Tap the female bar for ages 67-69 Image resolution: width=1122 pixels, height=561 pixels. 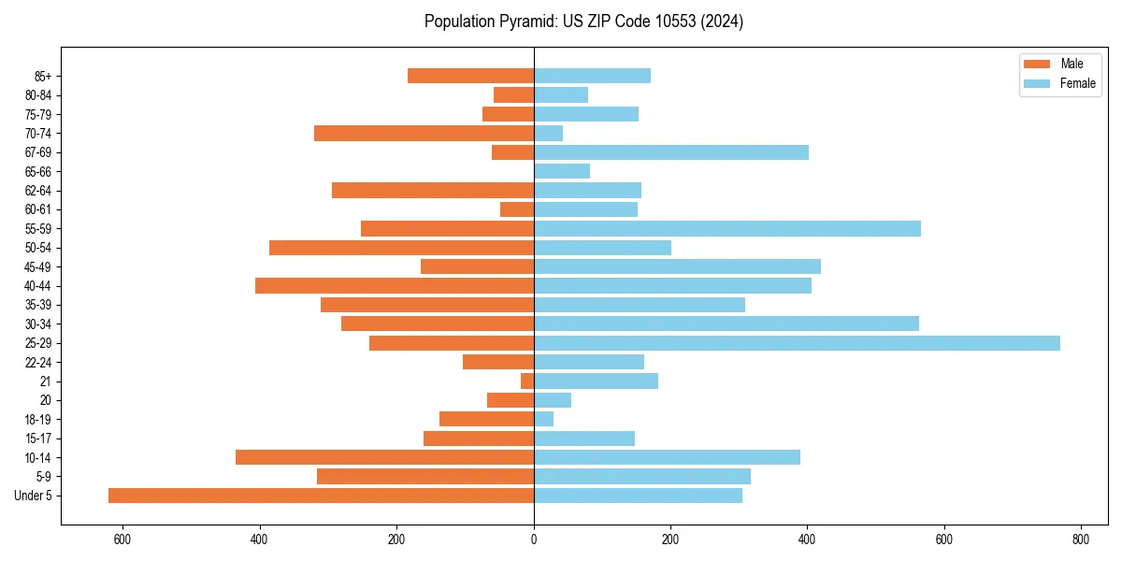[671, 152]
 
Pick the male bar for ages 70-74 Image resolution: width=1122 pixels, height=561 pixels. [424, 134]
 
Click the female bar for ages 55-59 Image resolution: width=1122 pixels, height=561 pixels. [727, 229]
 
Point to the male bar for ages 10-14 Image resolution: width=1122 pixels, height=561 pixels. [384, 457]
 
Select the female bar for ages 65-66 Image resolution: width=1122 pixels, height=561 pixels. [562, 171]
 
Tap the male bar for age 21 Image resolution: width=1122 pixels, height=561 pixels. [527, 381]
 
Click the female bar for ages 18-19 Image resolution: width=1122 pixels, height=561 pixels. [543, 419]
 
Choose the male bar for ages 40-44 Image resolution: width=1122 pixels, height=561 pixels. [395, 286]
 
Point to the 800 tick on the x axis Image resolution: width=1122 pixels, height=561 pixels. [1081, 539]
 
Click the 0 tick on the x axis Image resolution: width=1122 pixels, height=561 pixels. [534, 539]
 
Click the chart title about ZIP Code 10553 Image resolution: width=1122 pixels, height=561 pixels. [583, 22]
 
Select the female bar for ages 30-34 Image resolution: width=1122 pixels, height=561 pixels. [726, 324]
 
